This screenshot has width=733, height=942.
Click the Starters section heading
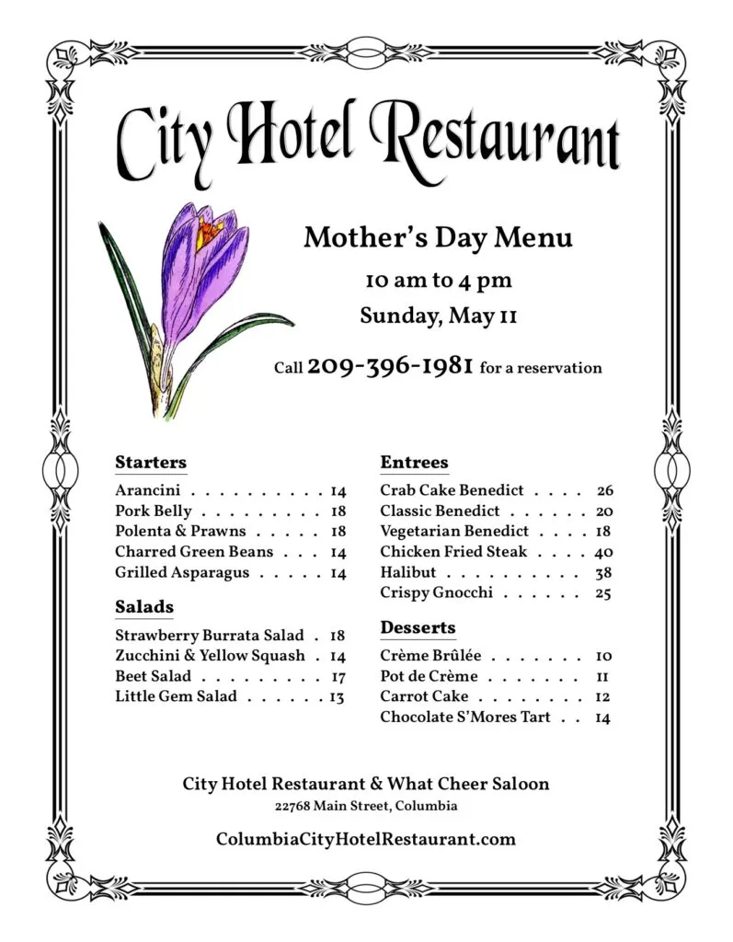point(151,462)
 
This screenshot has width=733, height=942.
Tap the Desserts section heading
point(418,627)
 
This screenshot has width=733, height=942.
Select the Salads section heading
point(144,606)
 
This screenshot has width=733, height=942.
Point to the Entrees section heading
point(414,462)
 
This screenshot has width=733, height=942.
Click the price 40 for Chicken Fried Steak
point(603,552)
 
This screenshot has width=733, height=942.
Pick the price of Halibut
point(603,572)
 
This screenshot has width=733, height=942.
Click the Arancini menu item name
point(147,491)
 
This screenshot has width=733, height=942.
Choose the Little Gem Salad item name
point(176,696)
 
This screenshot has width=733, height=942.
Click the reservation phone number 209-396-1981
point(390,366)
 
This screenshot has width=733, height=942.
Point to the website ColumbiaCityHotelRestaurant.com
point(366,839)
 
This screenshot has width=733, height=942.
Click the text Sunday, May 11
point(438,316)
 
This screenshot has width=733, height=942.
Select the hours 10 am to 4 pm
point(438,280)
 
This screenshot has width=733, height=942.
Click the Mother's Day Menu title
point(438,238)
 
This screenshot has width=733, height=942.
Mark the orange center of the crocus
point(209,229)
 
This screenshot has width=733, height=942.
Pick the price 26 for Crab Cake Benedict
point(604,490)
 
